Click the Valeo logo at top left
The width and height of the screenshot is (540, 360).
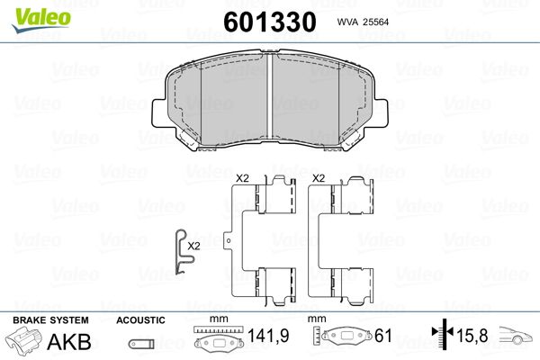click(x=41, y=20)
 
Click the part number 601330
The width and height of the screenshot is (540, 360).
click(x=270, y=22)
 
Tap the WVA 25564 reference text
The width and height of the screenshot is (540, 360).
click(x=363, y=22)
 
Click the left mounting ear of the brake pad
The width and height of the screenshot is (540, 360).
click(x=159, y=113)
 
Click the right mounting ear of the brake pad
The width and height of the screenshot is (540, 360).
click(x=380, y=113)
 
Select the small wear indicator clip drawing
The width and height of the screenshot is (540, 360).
click(x=183, y=251)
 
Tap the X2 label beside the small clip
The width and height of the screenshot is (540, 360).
click(x=193, y=247)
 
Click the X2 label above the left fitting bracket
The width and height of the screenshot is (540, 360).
click(x=242, y=178)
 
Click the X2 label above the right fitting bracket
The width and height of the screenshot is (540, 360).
click(x=319, y=178)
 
